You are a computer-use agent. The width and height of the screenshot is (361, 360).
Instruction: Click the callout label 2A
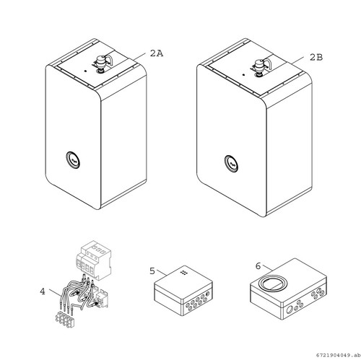click(157, 53)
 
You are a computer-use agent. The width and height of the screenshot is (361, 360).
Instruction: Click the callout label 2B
click(316, 57)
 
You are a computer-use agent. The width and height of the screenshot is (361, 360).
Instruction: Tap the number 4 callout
click(43, 291)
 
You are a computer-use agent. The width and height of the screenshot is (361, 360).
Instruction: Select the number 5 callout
click(152, 271)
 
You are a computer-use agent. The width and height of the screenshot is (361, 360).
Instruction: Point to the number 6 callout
click(258, 266)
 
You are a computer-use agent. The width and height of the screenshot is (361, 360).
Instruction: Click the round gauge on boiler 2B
click(232, 164)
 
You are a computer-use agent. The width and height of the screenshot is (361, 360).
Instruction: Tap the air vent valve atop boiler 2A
click(101, 63)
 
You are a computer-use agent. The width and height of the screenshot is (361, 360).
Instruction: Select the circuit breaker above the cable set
click(93, 260)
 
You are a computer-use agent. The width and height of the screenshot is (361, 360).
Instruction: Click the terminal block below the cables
click(64, 319)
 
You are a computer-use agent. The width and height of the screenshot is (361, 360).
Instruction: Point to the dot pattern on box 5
click(184, 272)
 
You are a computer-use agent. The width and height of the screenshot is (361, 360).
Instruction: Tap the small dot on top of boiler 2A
click(85, 71)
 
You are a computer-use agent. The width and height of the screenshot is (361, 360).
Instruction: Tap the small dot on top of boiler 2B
click(243, 74)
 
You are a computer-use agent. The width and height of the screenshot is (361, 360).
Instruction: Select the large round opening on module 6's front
click(290, 310)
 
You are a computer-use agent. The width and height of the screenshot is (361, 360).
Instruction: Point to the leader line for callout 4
click(55, 292)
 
